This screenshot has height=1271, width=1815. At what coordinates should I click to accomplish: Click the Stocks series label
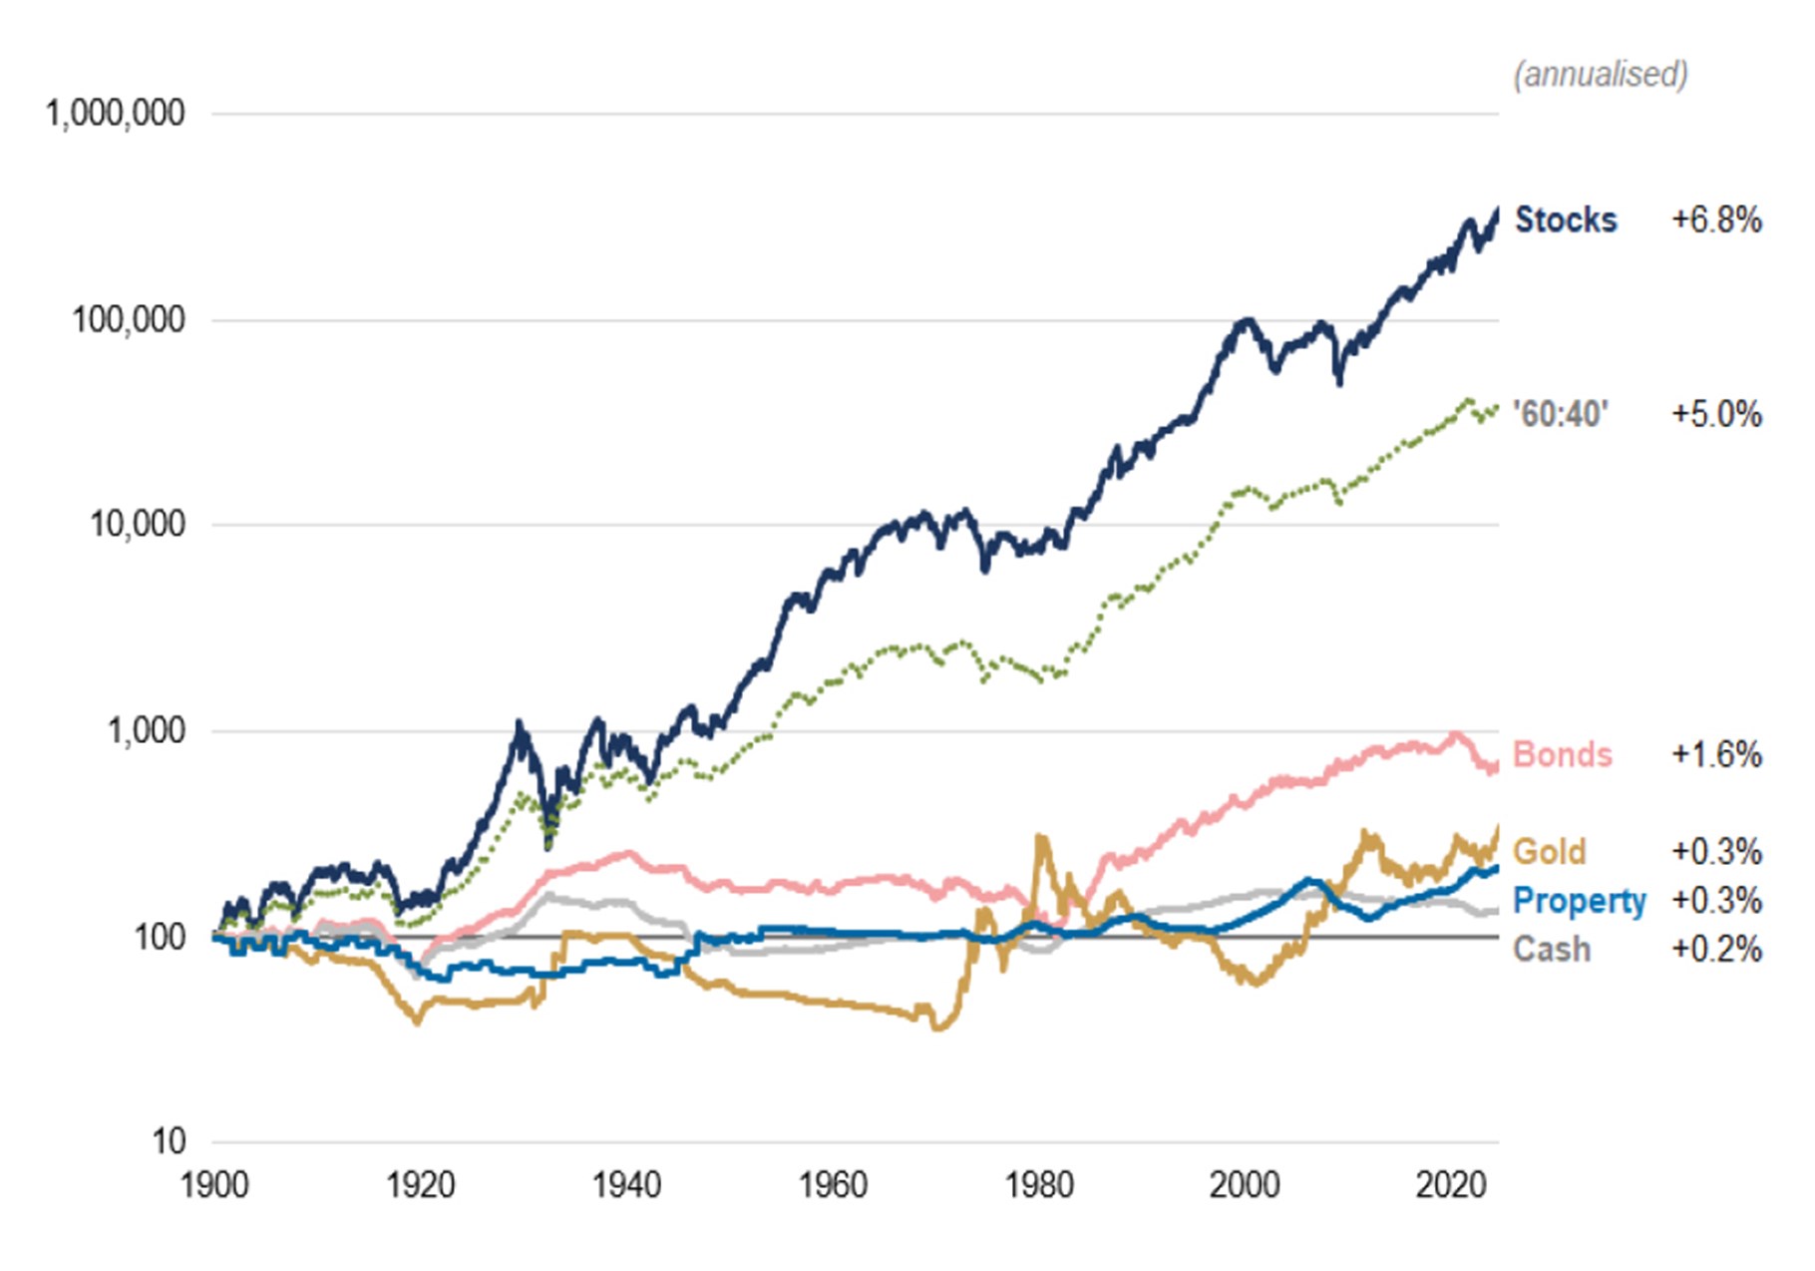(1565, 219)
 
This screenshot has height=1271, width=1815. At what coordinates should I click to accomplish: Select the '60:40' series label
(1561, 414)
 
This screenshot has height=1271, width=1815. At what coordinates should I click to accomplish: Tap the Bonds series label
(1562, 754)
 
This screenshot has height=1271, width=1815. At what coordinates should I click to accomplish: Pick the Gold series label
(1549, 852)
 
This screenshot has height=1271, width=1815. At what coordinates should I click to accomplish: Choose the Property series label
(1579, 901)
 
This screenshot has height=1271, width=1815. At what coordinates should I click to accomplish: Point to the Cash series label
(1551, 949)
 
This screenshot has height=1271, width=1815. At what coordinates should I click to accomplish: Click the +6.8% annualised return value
(1716, 219)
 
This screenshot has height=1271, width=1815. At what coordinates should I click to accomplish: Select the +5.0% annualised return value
(1716, 414)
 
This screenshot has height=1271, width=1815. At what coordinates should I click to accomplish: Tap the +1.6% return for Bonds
(1716, 754)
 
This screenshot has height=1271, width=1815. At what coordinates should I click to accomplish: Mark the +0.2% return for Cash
(1716, 949)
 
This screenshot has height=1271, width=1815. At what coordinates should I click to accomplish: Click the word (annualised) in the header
(1600, 75)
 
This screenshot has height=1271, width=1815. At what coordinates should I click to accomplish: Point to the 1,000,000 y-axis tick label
(115, 114)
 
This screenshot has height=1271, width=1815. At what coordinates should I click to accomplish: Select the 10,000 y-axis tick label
(138, 524)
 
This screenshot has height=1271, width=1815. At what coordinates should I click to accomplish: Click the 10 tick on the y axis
(169, 1141)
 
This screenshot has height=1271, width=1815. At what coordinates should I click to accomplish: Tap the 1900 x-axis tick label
(214, 1185)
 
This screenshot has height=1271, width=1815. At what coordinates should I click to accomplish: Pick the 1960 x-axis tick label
(833, 1185)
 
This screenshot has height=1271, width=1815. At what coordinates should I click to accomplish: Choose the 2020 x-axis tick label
(1451, 1185)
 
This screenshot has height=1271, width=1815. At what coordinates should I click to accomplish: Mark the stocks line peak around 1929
(519, 722)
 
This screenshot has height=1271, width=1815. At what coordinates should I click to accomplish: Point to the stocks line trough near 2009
(1339, 382)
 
